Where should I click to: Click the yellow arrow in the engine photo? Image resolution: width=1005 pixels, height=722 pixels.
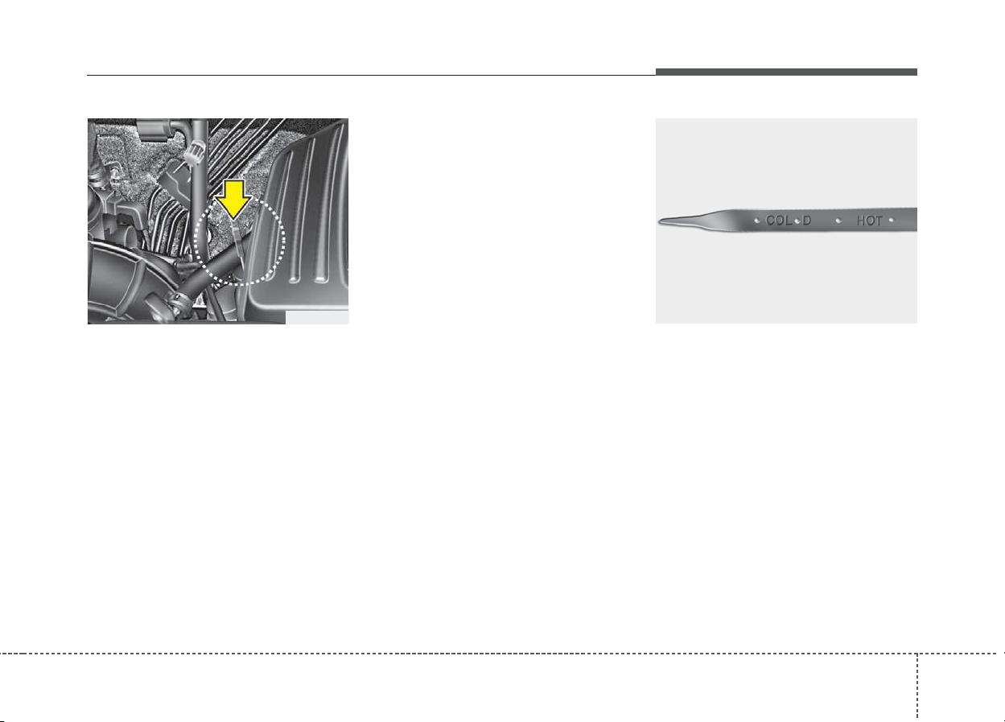pos(233,200)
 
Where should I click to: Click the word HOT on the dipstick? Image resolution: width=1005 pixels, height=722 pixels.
pos(870,221)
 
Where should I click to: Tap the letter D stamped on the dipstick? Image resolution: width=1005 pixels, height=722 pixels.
pos(807,221)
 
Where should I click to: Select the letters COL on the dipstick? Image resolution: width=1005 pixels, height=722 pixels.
pos(779,221)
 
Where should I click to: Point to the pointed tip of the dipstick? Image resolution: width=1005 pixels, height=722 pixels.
pos(659,221)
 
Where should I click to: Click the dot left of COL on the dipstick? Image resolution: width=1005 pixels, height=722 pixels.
pos(757,221)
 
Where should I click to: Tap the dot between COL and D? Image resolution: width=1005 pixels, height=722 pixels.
pos(797,221)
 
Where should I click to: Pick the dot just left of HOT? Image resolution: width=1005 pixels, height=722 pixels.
pos(838,221)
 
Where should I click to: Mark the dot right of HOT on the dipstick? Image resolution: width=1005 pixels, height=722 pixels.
pos(891,220)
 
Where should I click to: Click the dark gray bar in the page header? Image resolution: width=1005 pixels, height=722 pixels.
pos(786,72)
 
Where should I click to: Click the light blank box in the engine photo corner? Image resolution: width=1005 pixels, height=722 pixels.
pos(317,317)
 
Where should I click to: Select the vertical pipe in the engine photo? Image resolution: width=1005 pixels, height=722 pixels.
pos(200,202)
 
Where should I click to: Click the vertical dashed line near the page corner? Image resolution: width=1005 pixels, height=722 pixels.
pos(917,686)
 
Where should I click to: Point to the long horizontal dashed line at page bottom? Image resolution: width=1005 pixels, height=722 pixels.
pos(502,654)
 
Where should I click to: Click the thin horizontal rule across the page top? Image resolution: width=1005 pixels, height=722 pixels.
pos(371,75)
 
